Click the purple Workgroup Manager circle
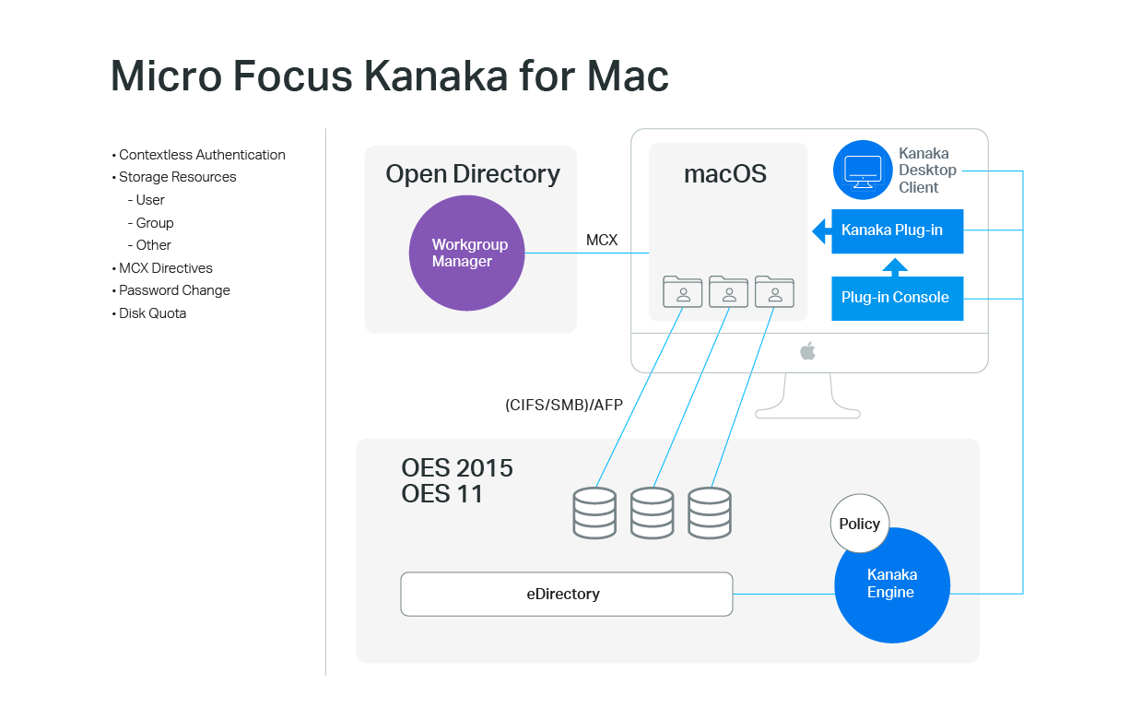pos(466,253)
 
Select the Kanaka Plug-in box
pos(897,230)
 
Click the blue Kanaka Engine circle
pos(891,585)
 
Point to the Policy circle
pos(860,524)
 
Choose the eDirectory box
pos(566,594)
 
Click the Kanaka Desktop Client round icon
pos(863,171)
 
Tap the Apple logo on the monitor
pos(808,351)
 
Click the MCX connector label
pos(602,241)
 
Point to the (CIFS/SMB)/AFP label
pos(564,405)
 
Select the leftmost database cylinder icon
pos(594,513)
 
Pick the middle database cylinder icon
pos(652,513)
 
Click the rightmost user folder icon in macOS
pos(774,291)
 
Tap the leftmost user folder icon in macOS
pos(683,291)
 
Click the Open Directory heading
pos(472,174)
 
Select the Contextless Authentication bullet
pos(202,155)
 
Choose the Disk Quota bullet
pos(152,313)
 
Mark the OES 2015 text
pos(457,468)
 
